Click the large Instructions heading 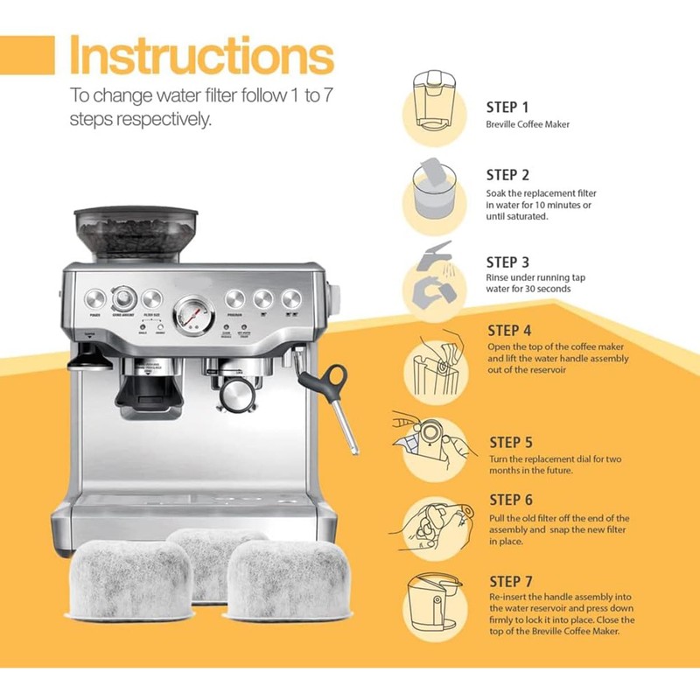tap(201, 55)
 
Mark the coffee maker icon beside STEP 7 tap(434, 605)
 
